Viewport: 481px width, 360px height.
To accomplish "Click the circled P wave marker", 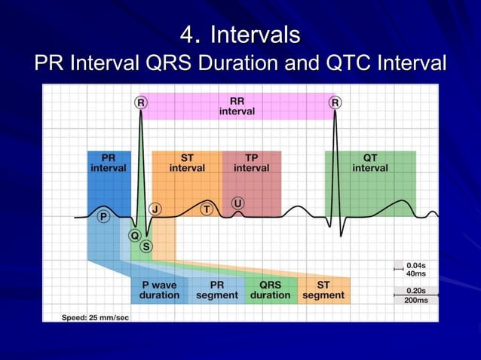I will click(x=103, y=217).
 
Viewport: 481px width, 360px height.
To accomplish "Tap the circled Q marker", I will click(x=134, y=235).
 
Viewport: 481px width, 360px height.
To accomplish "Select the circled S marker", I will click(x=146, y=246).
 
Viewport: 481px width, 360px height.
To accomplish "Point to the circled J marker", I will click(x=155, y=209).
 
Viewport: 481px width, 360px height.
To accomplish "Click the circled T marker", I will click(x=206, y=209).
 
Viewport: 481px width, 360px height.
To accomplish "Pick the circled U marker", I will click(x=238, y=203).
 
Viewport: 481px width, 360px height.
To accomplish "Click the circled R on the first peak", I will click(x=140, y=102).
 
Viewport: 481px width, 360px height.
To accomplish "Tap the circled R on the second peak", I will click(x=335, y=102).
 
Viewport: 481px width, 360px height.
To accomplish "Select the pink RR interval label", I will click(x=237, y=106).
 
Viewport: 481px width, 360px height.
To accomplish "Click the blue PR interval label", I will click(x=109, y=163).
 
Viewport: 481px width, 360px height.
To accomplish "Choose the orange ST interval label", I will click(x=187, y=163).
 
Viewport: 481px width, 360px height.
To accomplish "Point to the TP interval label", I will click(x=251, y=163).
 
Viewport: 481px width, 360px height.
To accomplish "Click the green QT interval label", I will click(x=370, y=163).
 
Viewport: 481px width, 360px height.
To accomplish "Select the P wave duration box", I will click(x=159, y=291).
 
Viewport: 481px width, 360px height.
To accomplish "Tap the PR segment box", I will click(x=217, y=291).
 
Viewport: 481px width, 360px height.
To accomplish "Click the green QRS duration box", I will click(x=270, y=291).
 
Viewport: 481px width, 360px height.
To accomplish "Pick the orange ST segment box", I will click(x=323, y=291).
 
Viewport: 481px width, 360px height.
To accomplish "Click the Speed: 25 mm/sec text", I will click(x=95, y=318).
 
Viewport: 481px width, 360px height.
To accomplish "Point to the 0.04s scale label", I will click(x=415, y=266).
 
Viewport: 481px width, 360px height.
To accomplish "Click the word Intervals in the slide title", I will click(x=255, y=35).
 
